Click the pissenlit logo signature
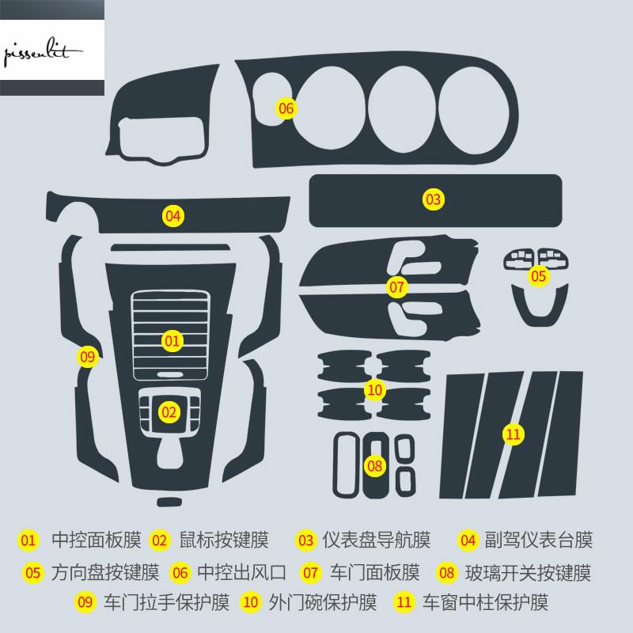point(43,51)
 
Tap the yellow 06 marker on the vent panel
point(286,108)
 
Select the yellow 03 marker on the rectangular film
point(433,199)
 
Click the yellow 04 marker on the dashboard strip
point(172,216)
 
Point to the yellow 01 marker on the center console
point(172,341)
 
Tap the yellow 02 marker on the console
point(169,412)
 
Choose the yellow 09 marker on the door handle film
point(88,357)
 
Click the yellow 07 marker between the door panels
point(396,287)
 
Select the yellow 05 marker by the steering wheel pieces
point(539,276)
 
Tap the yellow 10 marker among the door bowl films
point(374,390)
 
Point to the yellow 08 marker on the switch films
point(374,466)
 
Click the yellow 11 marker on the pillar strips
point(514,434)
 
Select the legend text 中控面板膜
point(97,540)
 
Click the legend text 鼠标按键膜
point(224,540)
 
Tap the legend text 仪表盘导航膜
point(377,540)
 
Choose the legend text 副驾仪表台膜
point(539,540)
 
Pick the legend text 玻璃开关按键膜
point(528,573)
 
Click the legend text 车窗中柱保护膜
point(485,602)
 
